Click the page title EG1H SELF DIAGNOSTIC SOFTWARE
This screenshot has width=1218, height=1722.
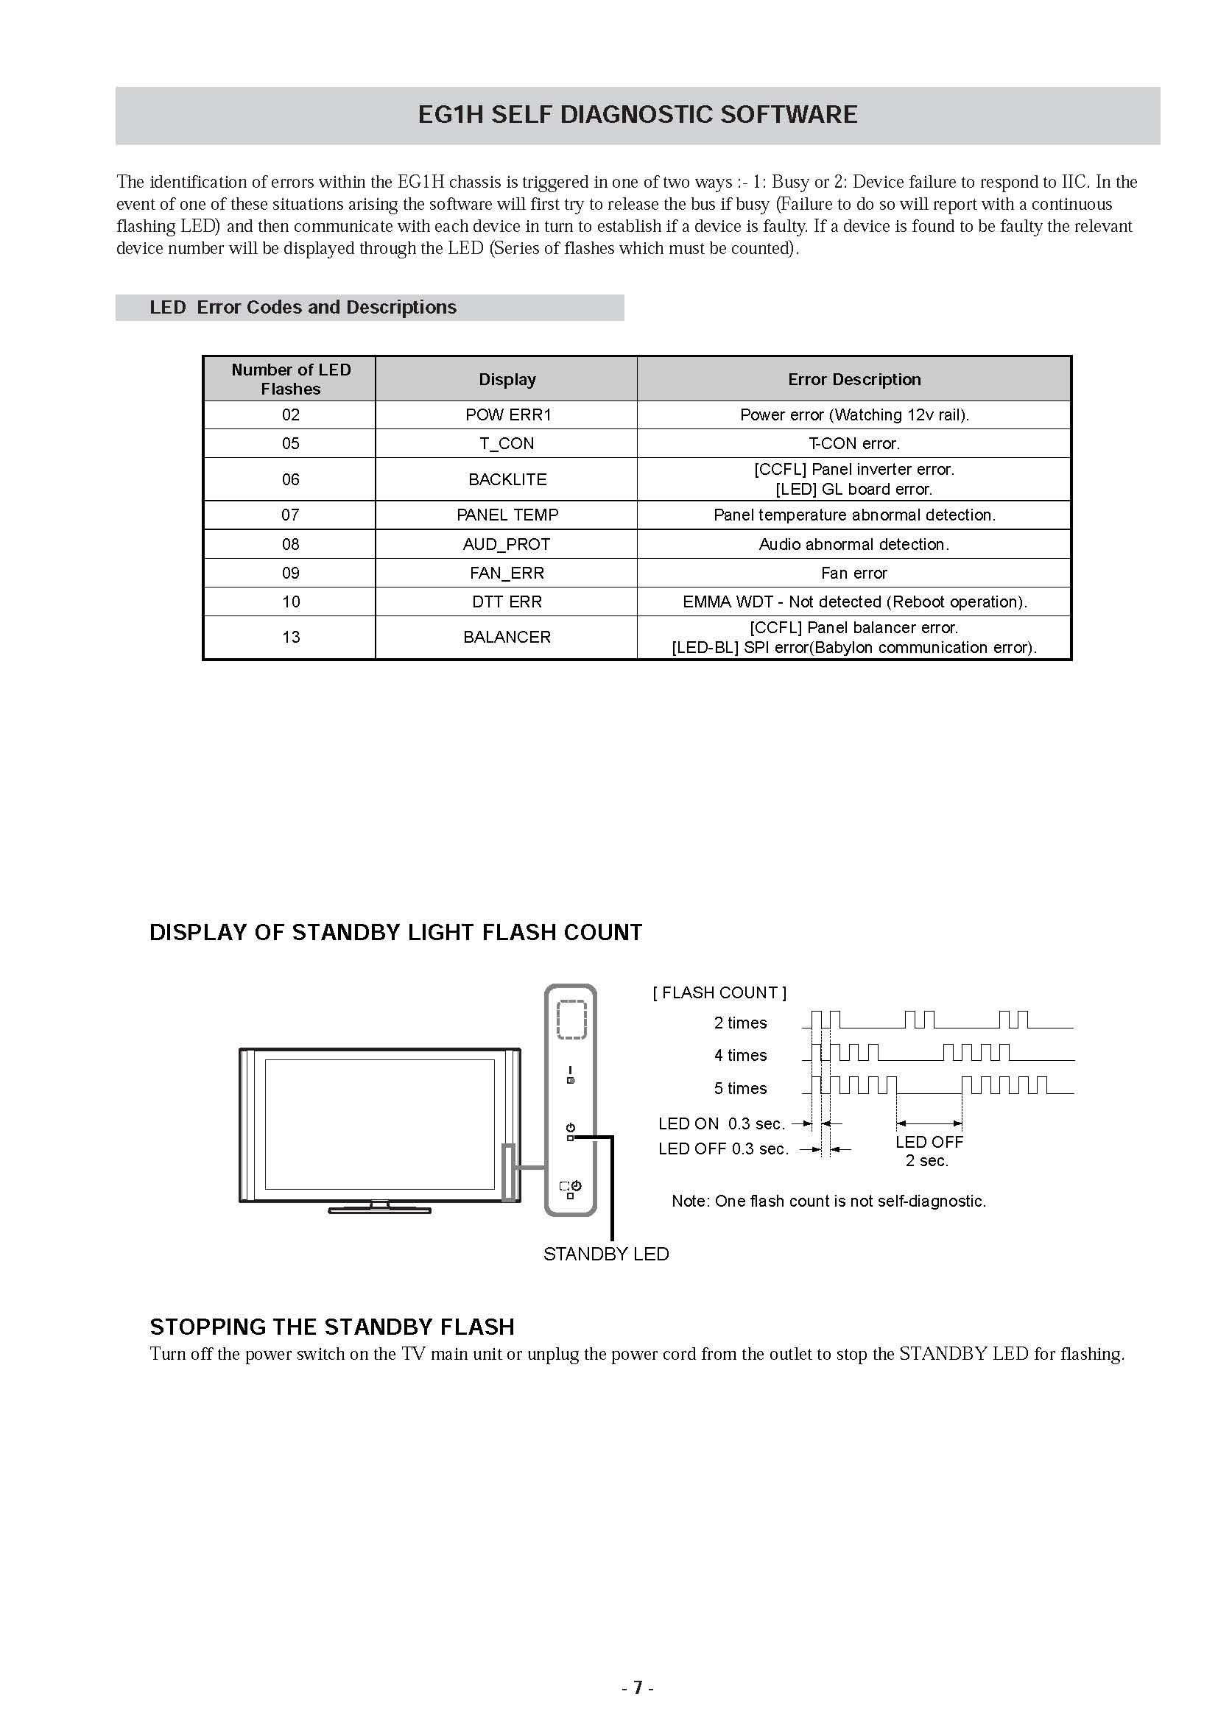pyautogui.click(x=637, y=115)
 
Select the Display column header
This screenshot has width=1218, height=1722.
pyautogui.click(x=507, y=379)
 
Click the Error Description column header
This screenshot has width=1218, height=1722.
pyautogui.click(x=853, y=379)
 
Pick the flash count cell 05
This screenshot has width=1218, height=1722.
pyautogui.click(x=290, y=443)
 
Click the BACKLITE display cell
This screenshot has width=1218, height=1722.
pyautogui.click(x=507, y=479)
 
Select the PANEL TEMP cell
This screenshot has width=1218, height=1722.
pyautogui.click(x=507, y=515)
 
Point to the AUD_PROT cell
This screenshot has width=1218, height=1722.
pyautogui.click(x=506, y=545)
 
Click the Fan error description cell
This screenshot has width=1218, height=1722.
pyautogui.click(x=853, y=573)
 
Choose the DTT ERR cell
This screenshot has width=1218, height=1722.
pyautogui.click(x=506, y=601)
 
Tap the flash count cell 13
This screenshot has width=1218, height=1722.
pyautogui.click(x=290, y=637)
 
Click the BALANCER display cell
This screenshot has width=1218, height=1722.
pyautogui.click(x=506, y=637)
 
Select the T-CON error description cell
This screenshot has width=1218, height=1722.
pyautogui.click(x=853, y=443)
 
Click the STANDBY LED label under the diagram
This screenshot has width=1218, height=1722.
pyautogui.click(x=605, y=1254)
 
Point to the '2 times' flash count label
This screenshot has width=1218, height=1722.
pyautogui.click(x=739, y=1023)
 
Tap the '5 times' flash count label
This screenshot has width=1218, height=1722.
pyautogui.click(x=739, y=1088)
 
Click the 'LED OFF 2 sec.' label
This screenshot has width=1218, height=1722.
pyautogui.click(x=929, y=1151)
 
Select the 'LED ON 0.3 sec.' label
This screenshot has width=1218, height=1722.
pyautogui.click(x=721, y=1123)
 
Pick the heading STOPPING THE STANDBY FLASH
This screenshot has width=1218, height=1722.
pyautogui.click(x=331, y=1327)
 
